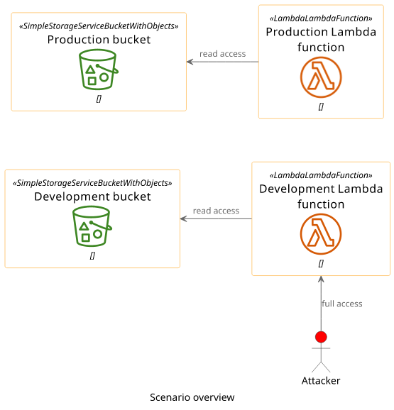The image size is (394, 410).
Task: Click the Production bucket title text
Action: [x=99, y=40]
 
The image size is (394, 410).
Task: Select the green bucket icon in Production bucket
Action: [x=99, y=70]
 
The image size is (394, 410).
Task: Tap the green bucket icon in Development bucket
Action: [x=92, y=226]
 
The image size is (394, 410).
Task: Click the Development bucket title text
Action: [x=92, y=196]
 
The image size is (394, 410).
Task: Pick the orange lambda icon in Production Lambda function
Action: [x=321, y=77]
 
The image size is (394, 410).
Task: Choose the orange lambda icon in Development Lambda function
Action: [x=321, y=234]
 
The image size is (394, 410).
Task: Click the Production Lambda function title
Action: [x=321, y=40]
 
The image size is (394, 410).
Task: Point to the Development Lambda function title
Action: [x=321, y=196]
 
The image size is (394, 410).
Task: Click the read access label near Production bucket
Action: [x=223, y=54]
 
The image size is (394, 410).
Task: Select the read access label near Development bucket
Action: [x=216, y=211]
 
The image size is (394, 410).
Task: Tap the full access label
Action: [x=342, y=304]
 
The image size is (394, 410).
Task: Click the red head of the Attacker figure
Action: [x=321, y=337]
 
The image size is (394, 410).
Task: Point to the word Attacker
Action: [x=321, y=381]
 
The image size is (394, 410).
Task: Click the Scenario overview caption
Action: [x=192, y=397]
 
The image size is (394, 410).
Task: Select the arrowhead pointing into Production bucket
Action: [x=190, y=62]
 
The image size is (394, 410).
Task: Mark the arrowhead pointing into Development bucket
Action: [x=183, y=219]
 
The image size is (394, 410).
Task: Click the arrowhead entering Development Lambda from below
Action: [x=321, y=279]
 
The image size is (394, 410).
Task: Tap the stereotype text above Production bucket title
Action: [x=99, y=26]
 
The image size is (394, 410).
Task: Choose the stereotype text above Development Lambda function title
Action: [x=321, y=175]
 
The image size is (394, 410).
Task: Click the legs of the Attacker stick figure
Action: [x=321, y=367]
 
